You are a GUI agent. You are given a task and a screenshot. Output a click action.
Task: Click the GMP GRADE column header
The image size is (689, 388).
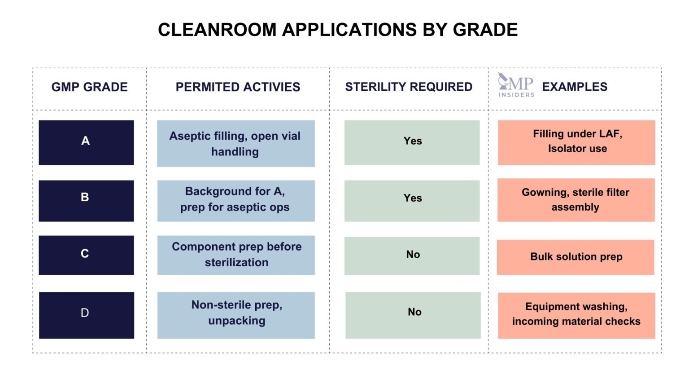pos(89,87)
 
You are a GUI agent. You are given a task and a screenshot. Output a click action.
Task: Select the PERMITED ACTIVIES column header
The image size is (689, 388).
pos(238,87)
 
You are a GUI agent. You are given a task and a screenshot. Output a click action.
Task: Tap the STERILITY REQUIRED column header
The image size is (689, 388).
pos(408,87)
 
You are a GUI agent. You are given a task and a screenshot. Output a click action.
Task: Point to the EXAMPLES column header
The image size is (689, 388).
pos(575,87)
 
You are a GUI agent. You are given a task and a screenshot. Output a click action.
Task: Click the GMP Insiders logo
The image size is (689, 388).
pos(516,85)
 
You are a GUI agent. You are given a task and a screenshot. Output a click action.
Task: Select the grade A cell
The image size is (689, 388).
pos(86,142)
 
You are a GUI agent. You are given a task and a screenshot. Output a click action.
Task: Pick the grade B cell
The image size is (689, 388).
pos(86,201)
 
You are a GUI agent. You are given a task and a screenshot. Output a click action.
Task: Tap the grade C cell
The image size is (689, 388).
pos(86,255)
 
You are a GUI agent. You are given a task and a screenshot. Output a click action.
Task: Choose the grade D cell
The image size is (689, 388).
pos(87,315)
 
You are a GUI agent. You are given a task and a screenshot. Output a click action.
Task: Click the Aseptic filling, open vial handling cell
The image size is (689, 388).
pos(235,143)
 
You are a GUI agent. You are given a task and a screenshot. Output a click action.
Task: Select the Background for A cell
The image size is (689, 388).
pos(235,201)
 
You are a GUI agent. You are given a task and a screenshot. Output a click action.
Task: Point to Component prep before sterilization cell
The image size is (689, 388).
pos(236,255)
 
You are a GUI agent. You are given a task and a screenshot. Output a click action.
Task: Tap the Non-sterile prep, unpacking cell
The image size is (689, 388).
pos(236,315)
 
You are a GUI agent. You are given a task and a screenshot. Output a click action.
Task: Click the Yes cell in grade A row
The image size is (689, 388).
pos(412,142)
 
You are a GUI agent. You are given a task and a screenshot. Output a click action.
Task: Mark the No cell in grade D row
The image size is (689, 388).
pos(413,315)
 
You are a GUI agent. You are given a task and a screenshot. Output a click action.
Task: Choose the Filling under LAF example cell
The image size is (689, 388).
pos(576,142)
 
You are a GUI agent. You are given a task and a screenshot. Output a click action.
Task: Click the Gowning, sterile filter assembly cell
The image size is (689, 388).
pos(576,200)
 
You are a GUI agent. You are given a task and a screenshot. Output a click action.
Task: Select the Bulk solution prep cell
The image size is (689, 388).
pos(576,257)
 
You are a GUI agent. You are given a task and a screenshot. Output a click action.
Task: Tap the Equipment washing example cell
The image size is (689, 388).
pos(576,315)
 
